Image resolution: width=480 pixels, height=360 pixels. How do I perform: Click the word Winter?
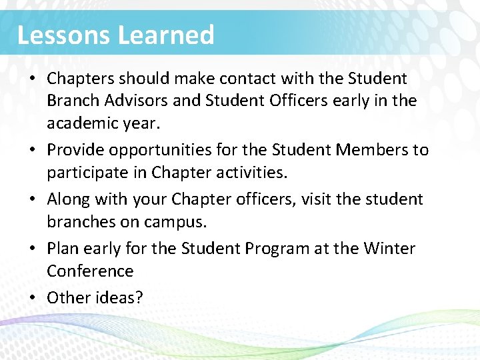point(389,249)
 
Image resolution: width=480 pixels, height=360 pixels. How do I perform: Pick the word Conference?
point(90,271)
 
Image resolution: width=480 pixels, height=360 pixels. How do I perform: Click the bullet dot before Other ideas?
point(32,298)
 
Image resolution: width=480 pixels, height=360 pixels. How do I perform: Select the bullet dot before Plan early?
point(32,249)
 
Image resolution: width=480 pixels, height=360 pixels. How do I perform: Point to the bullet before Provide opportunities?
point(32,151)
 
